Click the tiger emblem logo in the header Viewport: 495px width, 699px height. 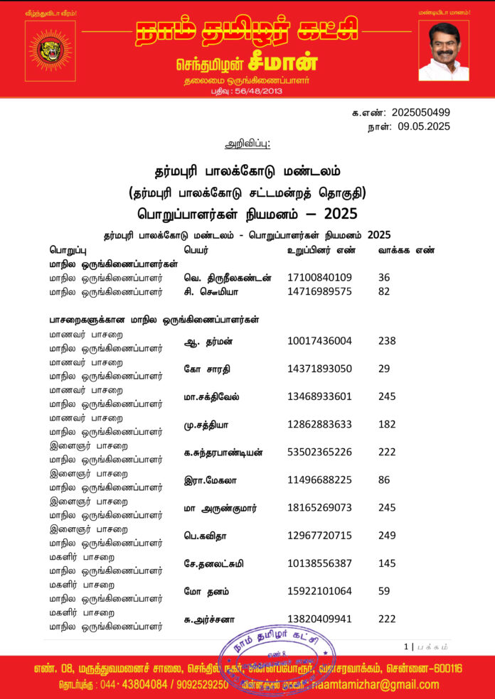pos(50,49)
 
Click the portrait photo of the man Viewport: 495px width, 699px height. pos(444,50)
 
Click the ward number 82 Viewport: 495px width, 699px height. pos(385,291)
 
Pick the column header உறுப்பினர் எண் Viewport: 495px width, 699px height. pos(322,250)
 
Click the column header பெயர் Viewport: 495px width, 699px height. pos(196,250)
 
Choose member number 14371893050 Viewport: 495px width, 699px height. pos(319,369)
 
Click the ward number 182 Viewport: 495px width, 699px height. pos(387,424)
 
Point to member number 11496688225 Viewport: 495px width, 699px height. pos(319,480)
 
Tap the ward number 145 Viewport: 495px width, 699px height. pos(387,563)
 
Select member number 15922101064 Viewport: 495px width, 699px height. pos(319,591)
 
